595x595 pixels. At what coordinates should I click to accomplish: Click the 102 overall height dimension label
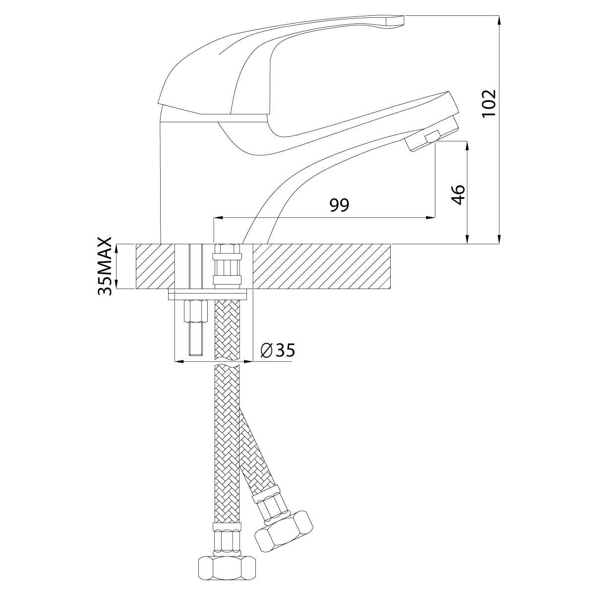(x=489, y=104)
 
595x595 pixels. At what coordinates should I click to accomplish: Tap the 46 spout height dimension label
(x=458, y=194)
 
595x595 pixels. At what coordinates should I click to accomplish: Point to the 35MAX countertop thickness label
(x=105, y=266)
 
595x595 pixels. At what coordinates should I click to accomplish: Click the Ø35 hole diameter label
(x=278, y=350)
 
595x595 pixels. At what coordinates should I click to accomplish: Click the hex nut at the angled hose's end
(x=284, y=531)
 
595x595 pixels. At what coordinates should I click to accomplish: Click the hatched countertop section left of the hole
(x=155, y=266)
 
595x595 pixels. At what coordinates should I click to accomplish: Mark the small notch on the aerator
(x=432, y=136)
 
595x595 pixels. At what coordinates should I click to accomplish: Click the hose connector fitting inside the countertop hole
(x=227, y=266)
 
